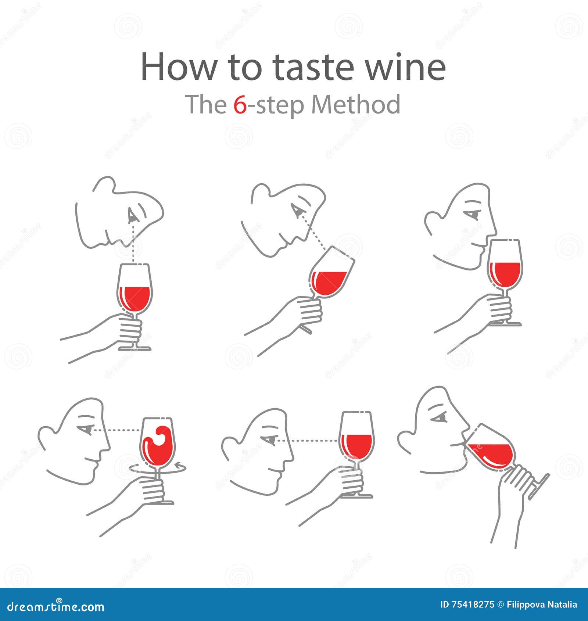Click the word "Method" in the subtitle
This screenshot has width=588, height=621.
[x=356, y=105]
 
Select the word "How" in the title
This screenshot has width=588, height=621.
[x=178, y=67]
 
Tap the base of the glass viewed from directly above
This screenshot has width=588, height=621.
[x=135, y=348]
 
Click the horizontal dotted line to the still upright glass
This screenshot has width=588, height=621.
[x=308, y=440]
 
